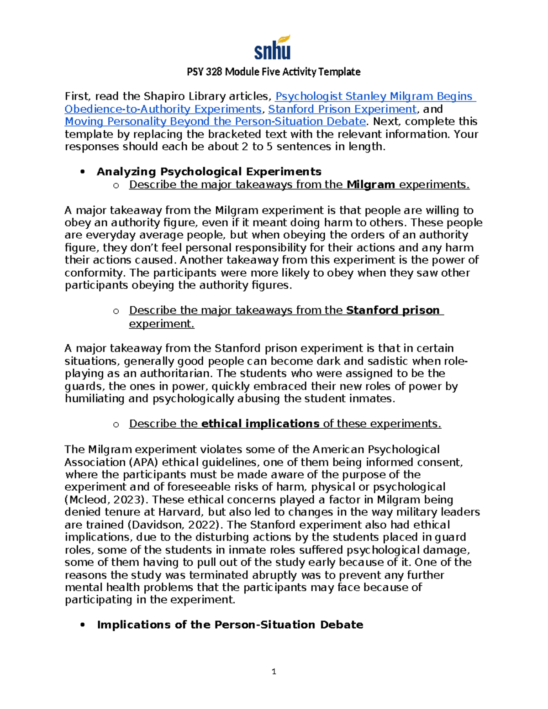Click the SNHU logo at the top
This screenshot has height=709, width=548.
pos(273,48)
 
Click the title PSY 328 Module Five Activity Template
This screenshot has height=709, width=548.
pos(274,72)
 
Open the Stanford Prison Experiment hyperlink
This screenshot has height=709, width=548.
pos(342,109)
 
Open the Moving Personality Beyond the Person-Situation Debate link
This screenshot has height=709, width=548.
pos(215,121)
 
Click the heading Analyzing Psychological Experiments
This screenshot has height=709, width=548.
pos(209,172)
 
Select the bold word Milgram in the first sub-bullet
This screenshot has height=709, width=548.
pos(371,184)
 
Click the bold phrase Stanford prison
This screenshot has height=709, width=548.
pos(393,310)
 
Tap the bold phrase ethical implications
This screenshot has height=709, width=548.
pos(260,424)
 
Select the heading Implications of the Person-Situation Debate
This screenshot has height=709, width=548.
pos(230,625)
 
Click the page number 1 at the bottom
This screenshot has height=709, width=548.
pos(274,672)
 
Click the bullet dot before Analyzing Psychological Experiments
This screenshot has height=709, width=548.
pos(83,172)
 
